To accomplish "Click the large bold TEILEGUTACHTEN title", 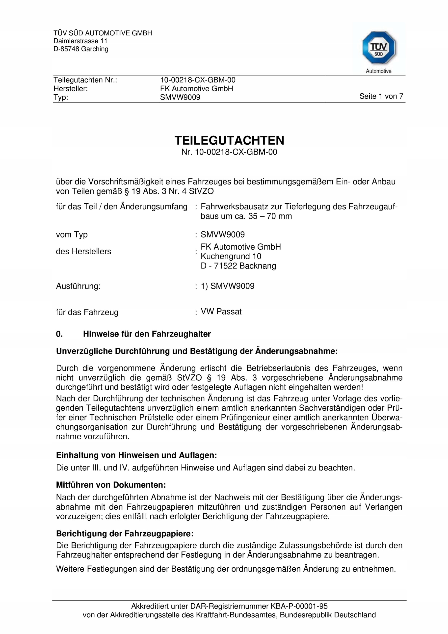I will tap(229, 141).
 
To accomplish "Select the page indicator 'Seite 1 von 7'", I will tap(381, 96).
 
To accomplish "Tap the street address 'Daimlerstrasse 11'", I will tap(80, 41).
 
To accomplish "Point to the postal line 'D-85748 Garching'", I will tap(81, 49).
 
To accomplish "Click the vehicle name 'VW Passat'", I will tap(221, 312).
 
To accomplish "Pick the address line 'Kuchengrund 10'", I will tap(231, 256).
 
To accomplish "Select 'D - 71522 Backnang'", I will tap(238, 266).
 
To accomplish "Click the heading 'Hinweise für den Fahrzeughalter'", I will tap(147, 334).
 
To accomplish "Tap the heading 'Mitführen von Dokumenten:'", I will tap(111, 485).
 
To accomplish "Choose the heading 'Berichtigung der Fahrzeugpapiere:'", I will tap(125, 533).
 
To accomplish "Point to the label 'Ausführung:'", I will tap(78, 286).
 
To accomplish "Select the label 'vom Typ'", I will tap(72, 235).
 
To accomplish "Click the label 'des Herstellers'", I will tap(83, 252).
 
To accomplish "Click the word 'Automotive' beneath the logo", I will tap(378, 71).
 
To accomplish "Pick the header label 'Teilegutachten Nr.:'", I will tap(85, 80).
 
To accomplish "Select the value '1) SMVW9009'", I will tap(227, 286).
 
